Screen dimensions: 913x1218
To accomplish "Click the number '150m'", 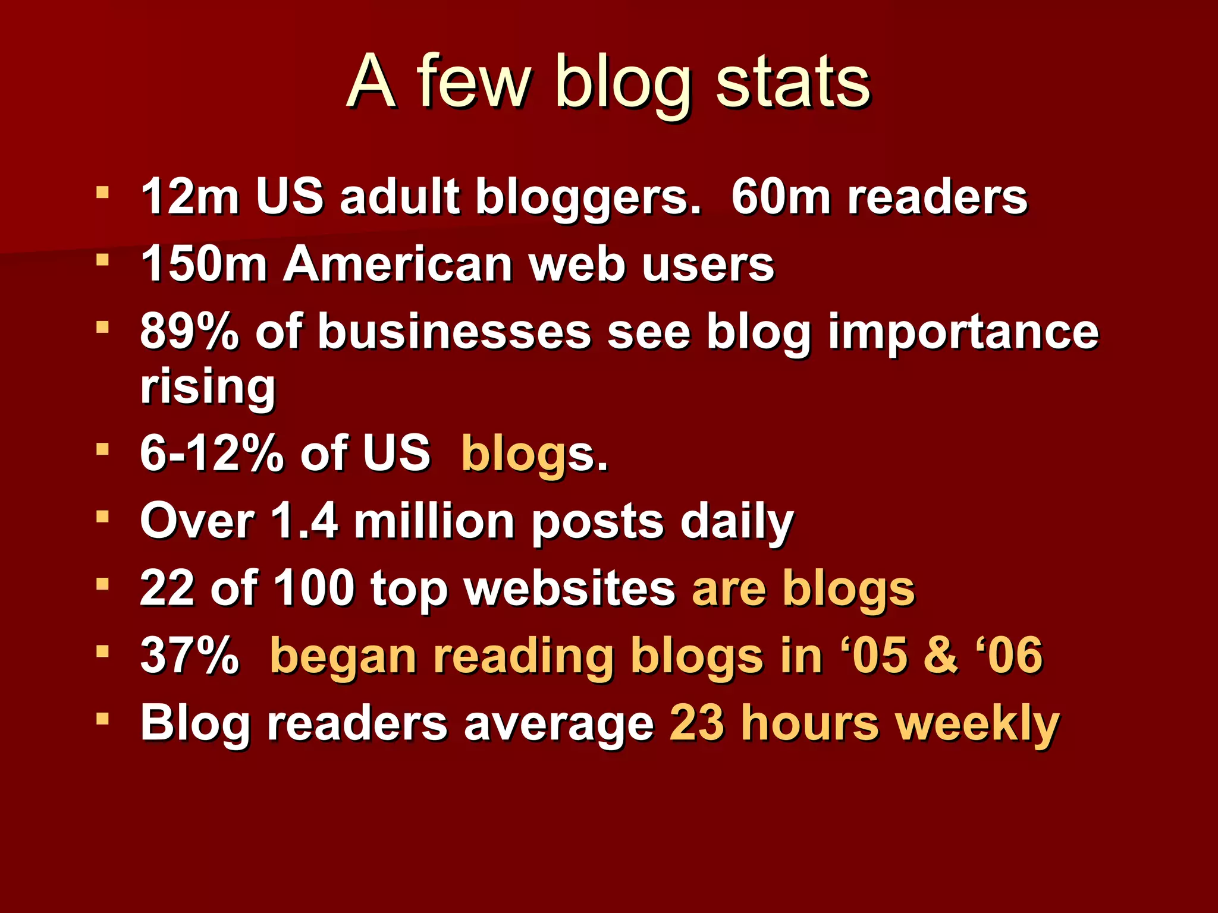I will point(203,264).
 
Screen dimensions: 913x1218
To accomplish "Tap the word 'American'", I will point(397,264).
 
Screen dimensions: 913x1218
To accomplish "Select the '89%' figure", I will point(189,332).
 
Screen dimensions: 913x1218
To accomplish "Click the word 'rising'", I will point(208,388).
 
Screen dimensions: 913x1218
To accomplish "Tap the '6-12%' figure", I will point(211,454).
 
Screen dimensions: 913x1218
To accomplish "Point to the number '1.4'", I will point(303,521).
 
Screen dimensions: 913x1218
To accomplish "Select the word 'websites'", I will point(569,588).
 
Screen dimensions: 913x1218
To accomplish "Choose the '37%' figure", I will point(189,656).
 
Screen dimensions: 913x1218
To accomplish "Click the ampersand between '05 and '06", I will point(940,656).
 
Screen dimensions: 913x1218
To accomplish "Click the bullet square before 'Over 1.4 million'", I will point(103,517).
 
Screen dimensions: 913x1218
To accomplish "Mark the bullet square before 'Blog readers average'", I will point(103,719).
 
